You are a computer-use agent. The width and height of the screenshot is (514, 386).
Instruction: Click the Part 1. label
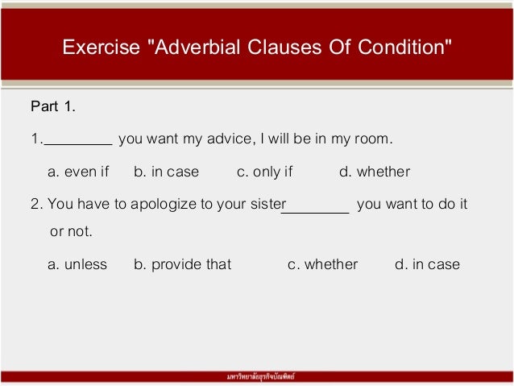tap(52, 106)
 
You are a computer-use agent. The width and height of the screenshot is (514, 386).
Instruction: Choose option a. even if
tap(78, 172)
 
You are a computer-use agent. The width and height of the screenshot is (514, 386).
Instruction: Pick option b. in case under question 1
tap(166, 172)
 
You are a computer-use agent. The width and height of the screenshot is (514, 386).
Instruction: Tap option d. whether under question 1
tap(375, 172)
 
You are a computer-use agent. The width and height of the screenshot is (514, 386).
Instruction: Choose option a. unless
tap(77, 264)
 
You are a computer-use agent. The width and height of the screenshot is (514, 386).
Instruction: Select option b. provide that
tap(182, 264)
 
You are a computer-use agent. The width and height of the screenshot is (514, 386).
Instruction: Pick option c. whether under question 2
tap(322, 264)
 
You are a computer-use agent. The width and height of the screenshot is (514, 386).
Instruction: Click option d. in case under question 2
tap(427, 264)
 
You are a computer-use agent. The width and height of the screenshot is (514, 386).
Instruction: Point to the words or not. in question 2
tap(71, 232)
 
